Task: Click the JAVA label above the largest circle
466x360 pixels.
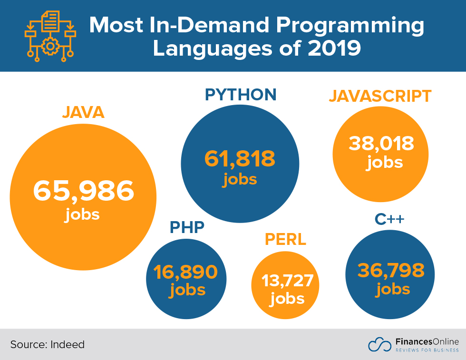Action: click(83, 113)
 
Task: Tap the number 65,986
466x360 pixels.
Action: click(83, 191)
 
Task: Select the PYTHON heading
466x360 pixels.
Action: click(241, 95)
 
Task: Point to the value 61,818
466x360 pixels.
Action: click(240, 159)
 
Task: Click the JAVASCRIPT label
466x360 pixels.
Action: click(380, 96)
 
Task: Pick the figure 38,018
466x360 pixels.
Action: click(381, 143)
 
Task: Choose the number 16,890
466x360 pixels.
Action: click(185, 272)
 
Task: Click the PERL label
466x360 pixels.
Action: click(285, 240)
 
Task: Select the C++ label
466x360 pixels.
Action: click(389, 219)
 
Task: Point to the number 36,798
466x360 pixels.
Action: click(391, 270)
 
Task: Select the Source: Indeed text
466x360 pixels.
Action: click(48, 344)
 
